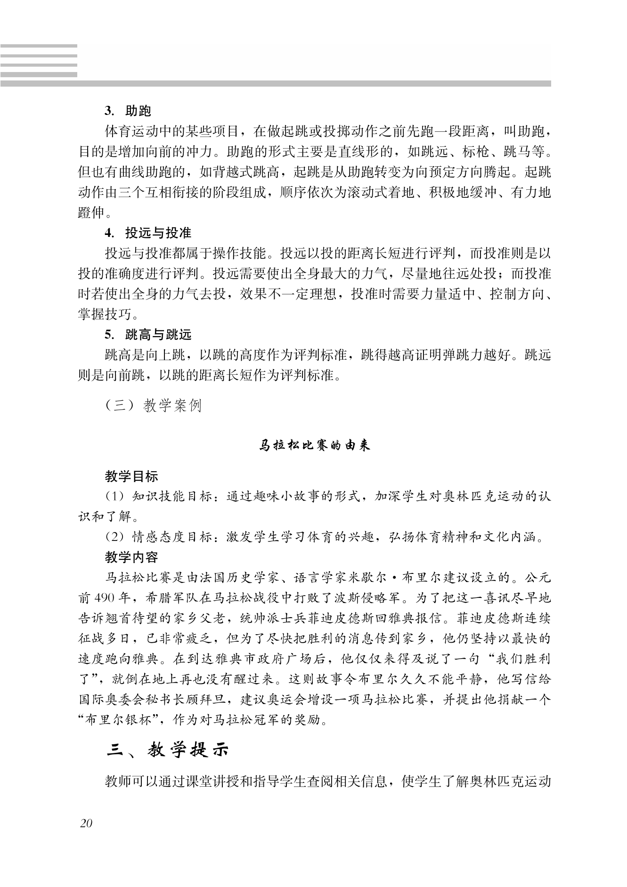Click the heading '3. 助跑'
click(128, 111)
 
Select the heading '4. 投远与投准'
click(148, 233)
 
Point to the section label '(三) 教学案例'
click(154, 405)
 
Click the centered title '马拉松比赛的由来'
click(315, 445)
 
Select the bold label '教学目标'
click(131, 476)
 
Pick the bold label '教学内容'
click(131, 557)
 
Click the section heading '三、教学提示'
click(167, 750)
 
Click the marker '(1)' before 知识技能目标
click(114, 496)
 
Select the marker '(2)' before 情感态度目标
click(114, 537)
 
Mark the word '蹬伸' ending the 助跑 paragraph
click(90, 212)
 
